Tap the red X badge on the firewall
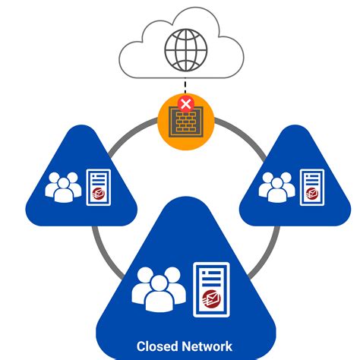coord(185,103)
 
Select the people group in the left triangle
coord(63,187)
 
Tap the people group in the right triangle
coord(277,187)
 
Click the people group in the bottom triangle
coord(158,289)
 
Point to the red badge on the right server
coord(312,196)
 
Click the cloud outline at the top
coord(129,53)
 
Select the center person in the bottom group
coord(158,292)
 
